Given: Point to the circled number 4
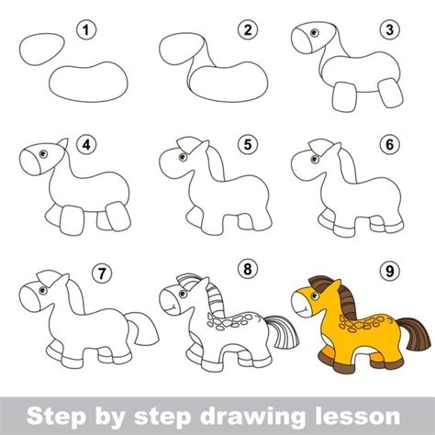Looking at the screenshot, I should [x=86, y=144].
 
